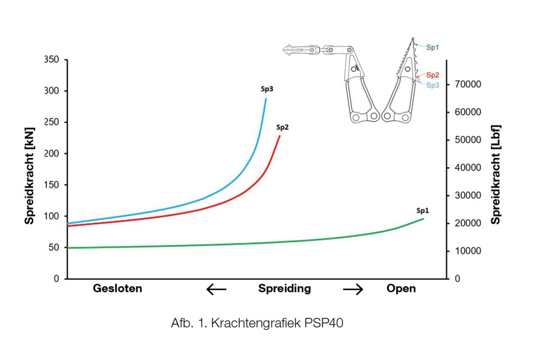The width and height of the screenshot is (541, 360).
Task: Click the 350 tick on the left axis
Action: point(51,60)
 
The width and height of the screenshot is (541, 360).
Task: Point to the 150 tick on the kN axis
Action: point(51,185)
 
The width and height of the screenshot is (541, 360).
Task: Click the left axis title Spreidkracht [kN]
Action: point(30,169)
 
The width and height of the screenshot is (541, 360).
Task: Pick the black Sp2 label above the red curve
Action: point(282,127)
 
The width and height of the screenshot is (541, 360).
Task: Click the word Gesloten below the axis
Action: point(118,289)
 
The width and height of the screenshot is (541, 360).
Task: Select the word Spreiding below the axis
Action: point(284,289)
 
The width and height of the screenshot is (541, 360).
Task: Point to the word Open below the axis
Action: point(401,289)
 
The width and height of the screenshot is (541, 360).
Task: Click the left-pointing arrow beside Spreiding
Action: point(216,289)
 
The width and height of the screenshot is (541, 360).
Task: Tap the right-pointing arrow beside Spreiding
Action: point(353,289)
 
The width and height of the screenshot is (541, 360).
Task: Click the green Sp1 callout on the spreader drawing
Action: point(433,48)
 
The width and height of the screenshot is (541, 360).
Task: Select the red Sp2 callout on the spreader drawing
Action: point(433,75)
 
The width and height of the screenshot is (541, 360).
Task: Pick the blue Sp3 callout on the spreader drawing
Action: point(433,85)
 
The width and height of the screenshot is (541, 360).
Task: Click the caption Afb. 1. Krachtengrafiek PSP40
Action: point(257,324)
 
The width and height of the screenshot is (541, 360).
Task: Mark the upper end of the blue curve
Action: point(266,99)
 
